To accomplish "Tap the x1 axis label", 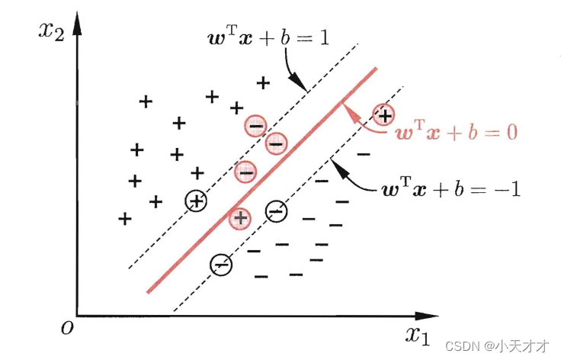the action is [x=418, y=333].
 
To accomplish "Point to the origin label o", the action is [x=67, y=327].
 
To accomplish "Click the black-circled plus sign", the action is [x=197, y=201].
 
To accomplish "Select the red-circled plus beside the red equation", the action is [x=384, y=115].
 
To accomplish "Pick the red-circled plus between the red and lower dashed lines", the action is [x=241, y=217].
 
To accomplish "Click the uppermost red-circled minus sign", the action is [x=255, y=124].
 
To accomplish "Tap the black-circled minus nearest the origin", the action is [x=221, y=264].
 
